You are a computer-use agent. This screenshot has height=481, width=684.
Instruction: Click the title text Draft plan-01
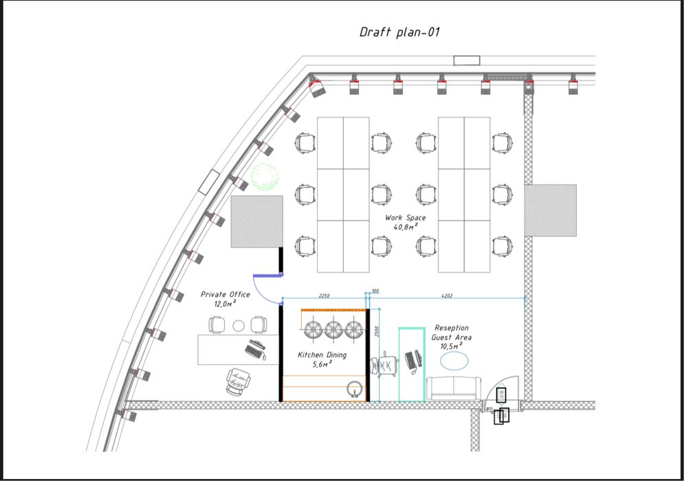(399, 32)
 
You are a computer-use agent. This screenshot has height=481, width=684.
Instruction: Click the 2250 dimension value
(324, 295)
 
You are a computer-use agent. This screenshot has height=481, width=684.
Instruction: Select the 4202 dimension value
(447, 295)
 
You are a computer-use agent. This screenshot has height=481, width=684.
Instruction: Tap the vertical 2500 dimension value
(377, 331)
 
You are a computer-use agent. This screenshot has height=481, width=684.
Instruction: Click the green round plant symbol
(265, 177)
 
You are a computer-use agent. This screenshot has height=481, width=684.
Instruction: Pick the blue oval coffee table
(454, 361)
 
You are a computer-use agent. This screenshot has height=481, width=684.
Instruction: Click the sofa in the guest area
(454, 388)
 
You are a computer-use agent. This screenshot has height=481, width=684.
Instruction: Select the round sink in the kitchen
(355, 389)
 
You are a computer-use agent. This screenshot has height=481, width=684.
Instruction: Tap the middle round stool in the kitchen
(333, 330)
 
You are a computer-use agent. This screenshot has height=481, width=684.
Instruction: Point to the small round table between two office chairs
(239, 326)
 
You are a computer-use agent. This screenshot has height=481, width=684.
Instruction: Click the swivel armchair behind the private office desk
(239, 381)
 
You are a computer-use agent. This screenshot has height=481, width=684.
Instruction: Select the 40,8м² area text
(406, 227)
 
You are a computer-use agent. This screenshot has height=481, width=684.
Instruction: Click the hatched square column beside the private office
(257, 221)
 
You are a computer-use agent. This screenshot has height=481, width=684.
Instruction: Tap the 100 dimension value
(375, 291)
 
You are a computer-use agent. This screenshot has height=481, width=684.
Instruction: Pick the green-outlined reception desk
(412, 365)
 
